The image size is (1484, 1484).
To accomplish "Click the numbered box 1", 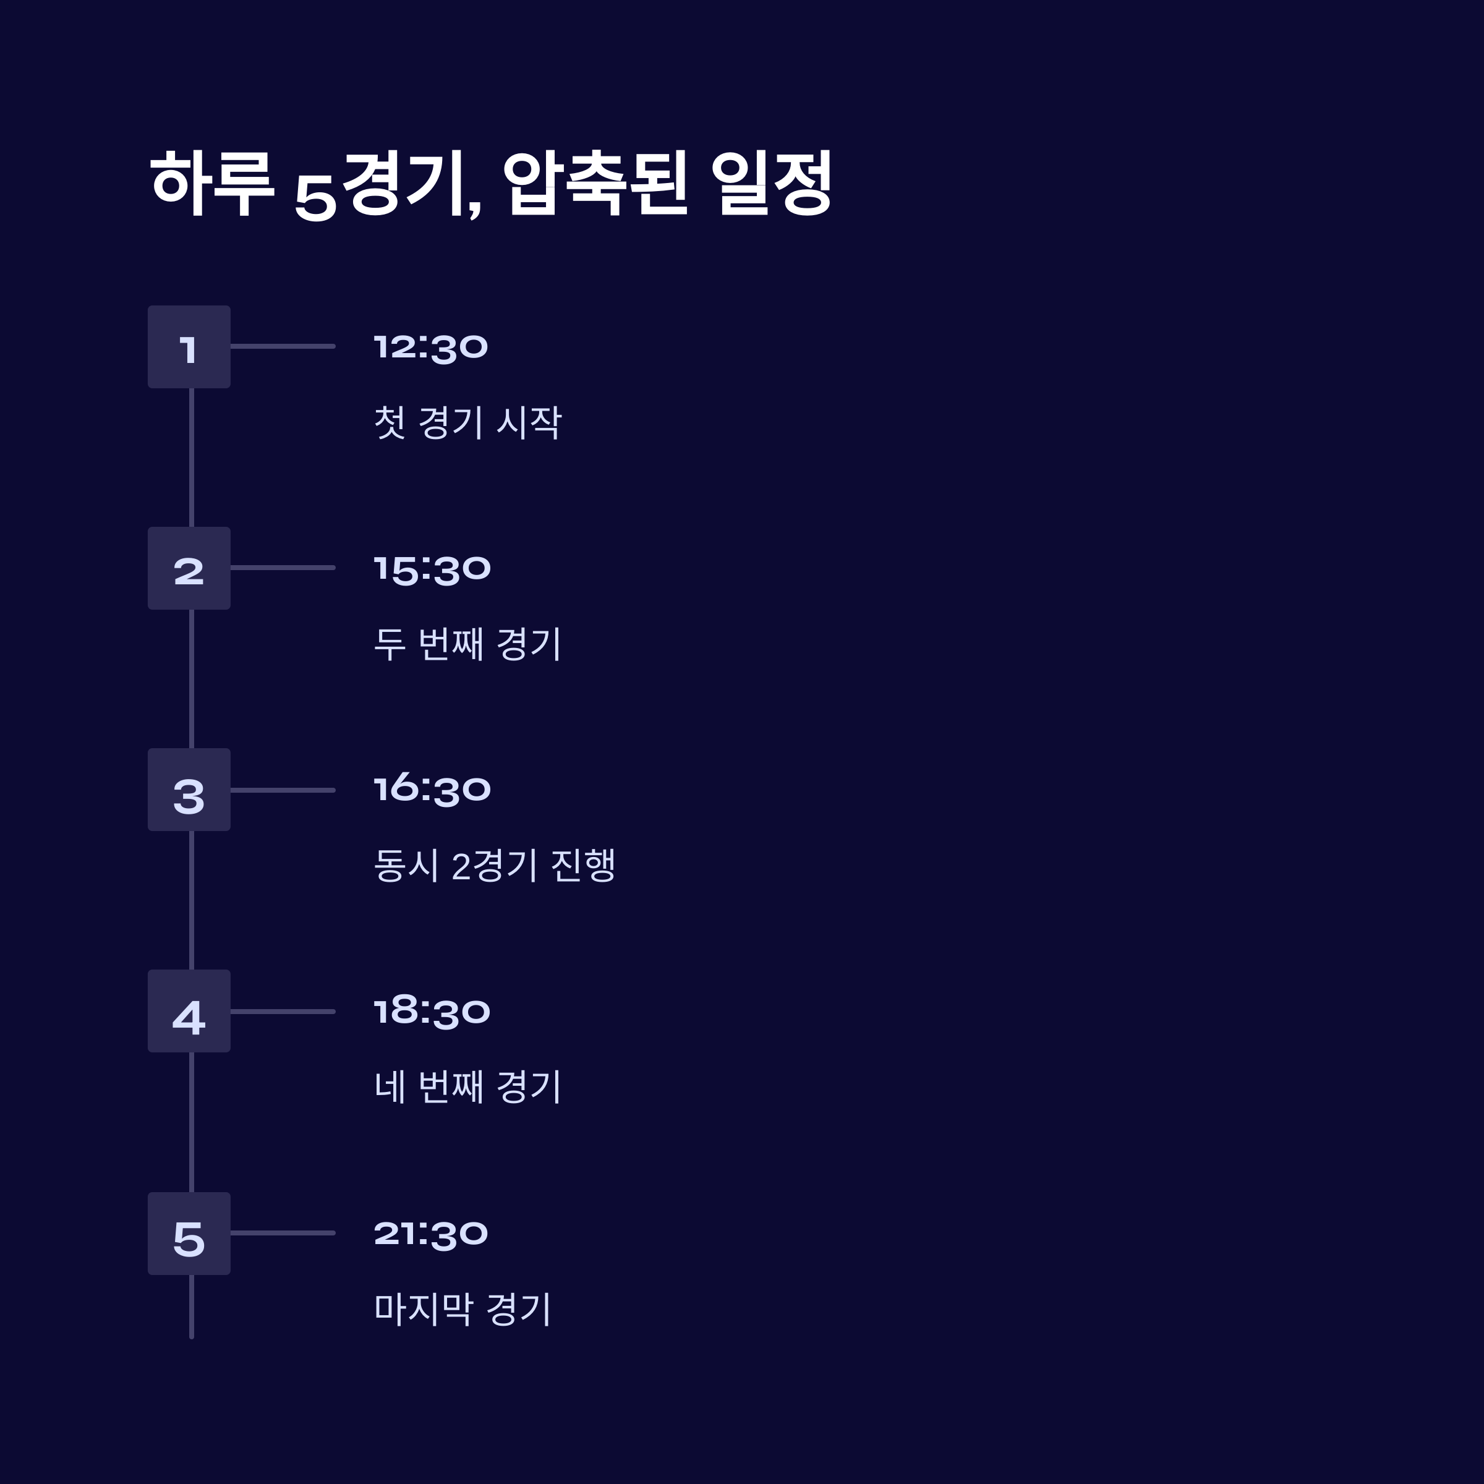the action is [x=189, y=347].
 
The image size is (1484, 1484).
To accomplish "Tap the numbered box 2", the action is [x=189, y=568].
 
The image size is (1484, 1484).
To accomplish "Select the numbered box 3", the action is [x=189, y=790].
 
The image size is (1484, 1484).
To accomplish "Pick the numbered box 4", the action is [x=189, y=1011].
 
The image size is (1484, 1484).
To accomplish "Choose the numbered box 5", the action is [x=189, y=1234].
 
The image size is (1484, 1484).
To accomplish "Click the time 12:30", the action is [x=430, y=347].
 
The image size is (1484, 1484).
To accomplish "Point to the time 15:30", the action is [x=432, y=569].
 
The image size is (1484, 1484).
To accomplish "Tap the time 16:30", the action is [x=432, y=790].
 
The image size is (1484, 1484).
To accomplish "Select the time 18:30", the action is [x=432, y=1012].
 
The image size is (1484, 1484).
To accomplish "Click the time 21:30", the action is [x=430, y=1234].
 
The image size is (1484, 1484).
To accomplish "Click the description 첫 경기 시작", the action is [x=467, y=422].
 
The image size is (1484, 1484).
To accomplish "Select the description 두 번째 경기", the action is [x=467, y=644].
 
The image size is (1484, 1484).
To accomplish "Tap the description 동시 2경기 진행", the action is [x=494, y=866].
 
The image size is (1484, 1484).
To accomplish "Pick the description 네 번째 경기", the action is [x=467, y=1087].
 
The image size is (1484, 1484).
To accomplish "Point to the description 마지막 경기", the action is [x=462, y=1309].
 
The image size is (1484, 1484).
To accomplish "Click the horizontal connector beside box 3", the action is [x=283, y=790].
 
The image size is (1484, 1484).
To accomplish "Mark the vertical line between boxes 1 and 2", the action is [x=191, y=458].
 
